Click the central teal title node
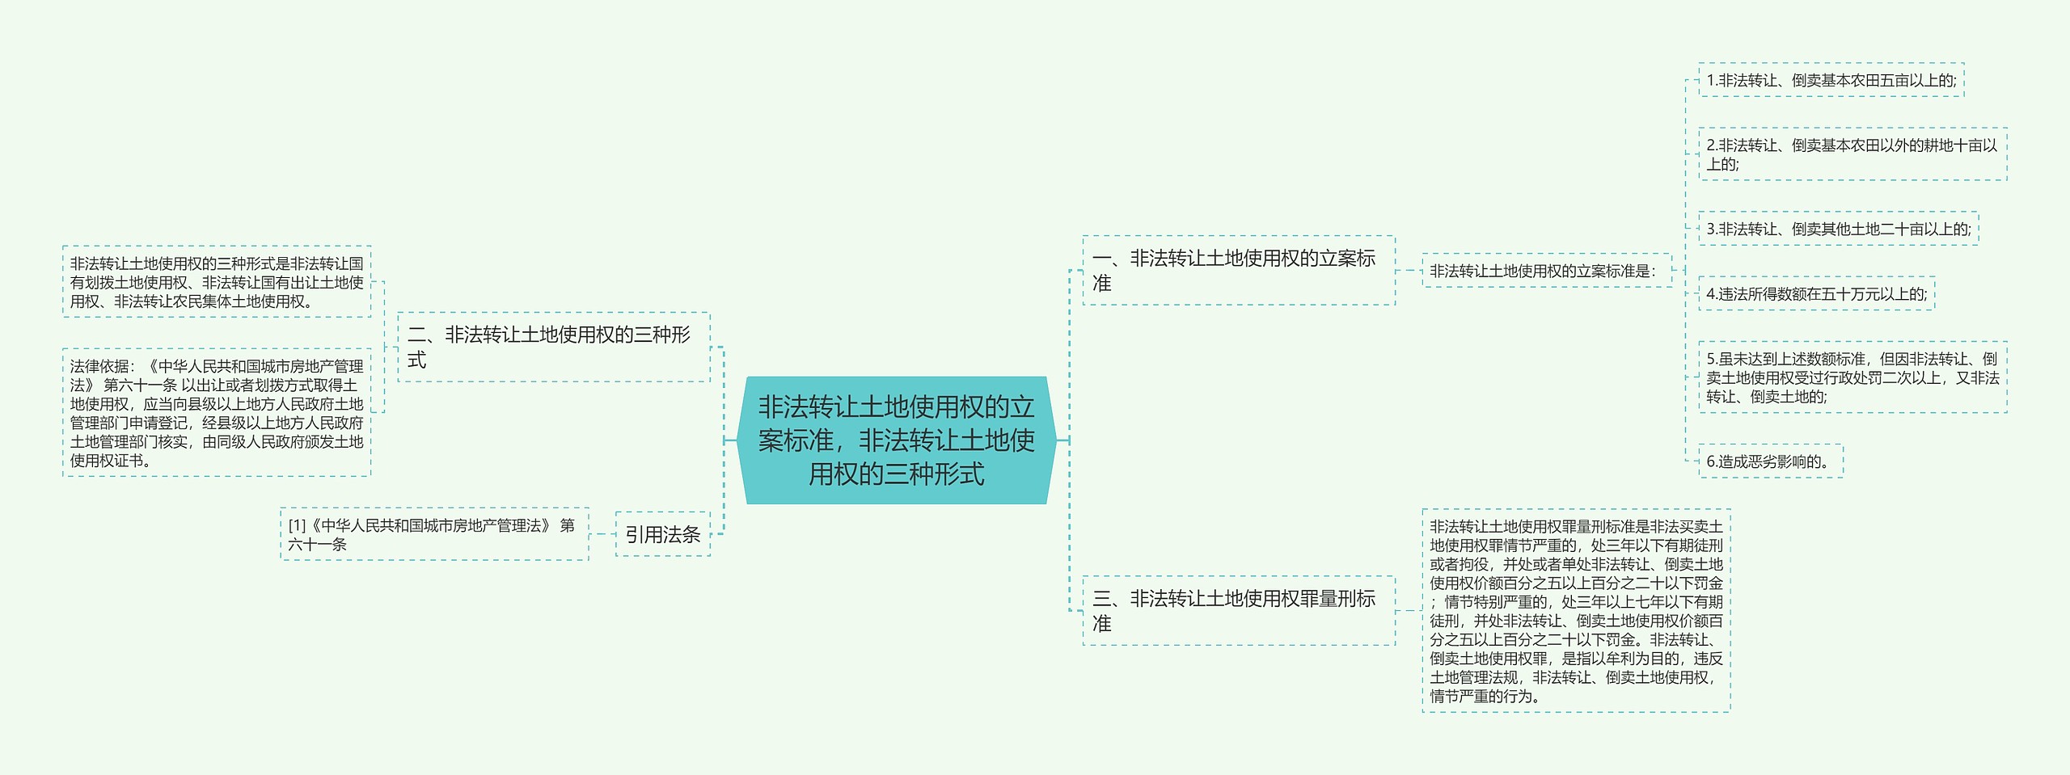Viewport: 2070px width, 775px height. coord(896,440)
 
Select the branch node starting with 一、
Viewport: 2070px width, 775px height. coord(1238,270)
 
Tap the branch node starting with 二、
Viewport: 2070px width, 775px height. coord(553,347)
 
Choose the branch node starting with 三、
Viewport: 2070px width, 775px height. coord(1238,610)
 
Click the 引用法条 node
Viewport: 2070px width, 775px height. coord(662,534)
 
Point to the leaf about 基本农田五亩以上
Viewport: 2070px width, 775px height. coord(1831,80)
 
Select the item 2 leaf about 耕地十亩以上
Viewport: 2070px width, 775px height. coord(1852,154)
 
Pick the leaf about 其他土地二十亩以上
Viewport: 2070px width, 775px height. coord(1838,229)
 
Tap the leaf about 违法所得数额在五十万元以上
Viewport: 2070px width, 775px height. coord(1816,293)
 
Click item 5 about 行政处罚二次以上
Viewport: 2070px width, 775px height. coord(1852,377)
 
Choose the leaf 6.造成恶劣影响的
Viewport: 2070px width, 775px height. coord(1770,461)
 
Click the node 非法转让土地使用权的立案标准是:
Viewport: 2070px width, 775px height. coord(1545,271)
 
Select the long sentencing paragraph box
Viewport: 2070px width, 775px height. coord(1575,611)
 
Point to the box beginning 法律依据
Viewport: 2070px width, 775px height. coord(216,413)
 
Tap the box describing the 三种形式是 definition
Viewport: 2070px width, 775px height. coord(216,282)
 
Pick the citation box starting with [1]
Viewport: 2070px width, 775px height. coord(433,534)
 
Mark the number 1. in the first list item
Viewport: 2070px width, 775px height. coord(1712,81)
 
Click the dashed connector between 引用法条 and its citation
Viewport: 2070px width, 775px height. coord(602,534)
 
